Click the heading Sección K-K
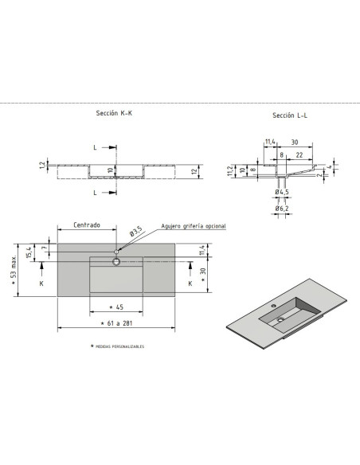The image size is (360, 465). coord(114,113)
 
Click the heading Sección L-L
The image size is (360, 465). coord(290,115)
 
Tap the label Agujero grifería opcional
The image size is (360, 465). coord(194,226)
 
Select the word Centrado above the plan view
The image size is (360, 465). coord(87,225)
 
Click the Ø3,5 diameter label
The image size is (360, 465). coord(136,231)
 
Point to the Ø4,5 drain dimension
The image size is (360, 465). coord(282,192)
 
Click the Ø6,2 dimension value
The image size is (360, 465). coord(282,209)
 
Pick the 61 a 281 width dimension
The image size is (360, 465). coord(116,323)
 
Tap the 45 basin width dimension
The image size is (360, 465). coord(116,307)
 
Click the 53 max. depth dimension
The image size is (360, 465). coord(14,270)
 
